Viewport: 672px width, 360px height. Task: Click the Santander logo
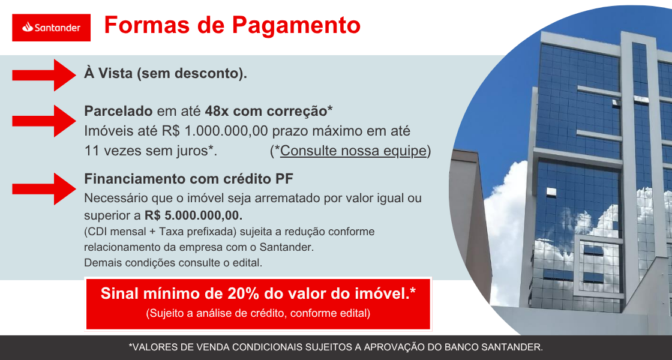[x=51, y=28]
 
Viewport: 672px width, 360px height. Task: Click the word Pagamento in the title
[x=296, y=25]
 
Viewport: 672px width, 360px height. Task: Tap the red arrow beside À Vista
[x=44, y=75]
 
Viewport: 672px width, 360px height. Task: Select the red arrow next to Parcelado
[x=44, y=121]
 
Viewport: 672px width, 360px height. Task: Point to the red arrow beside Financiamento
[x=44, y=188]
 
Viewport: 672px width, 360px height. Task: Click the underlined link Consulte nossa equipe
[x=353, y=151]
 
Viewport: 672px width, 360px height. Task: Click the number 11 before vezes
[x=91, y=151]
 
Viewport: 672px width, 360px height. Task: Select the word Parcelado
[x=118, y=111]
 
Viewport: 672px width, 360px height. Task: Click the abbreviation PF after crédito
[x=284, y=179]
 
